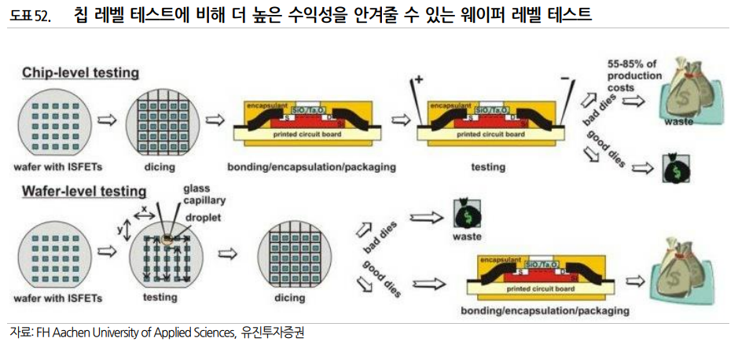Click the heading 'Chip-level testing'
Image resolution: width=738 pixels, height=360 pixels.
(80, 73)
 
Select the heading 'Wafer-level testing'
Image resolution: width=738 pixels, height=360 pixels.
(84, 191)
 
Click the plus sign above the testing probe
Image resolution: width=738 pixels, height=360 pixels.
(418, 79)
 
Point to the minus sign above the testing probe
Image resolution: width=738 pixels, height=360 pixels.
(564, 79)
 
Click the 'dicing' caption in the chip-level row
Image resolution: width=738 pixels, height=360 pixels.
(165, 167)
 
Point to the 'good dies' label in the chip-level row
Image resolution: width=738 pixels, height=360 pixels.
(607, 147)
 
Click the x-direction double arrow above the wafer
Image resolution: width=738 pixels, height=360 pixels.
(143, 211)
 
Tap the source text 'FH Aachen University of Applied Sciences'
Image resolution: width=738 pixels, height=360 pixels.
(134, 332)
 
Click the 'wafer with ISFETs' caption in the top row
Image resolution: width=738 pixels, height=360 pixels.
(57, 167)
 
